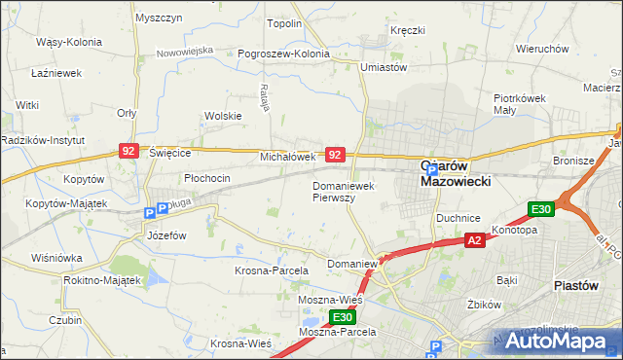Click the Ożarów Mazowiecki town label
[x=456, y=173]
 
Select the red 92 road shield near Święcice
[x=128, y=151]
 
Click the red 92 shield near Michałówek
[x=334, y=155]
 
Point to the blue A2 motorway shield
[x=474, y=240]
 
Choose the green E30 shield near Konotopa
[x=540, y=209]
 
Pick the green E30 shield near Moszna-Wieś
[x=341, y=317]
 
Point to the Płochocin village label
[x=206, y=178]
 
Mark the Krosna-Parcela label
[x=272, y=270]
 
